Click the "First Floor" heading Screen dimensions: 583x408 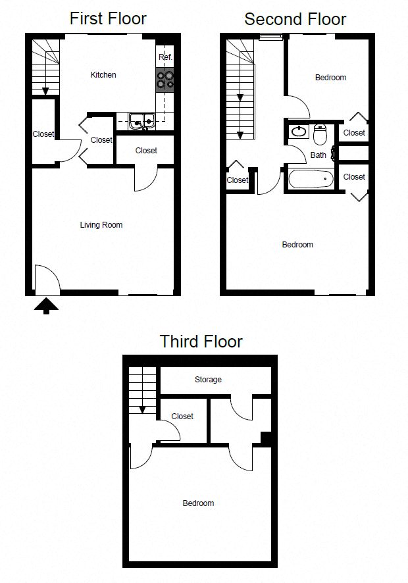(x=108, y=18)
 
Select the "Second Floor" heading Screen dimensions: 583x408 (x=295, y=18)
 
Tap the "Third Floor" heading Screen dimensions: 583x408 (x=201, y=342)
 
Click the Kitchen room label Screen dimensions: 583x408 (x=103, y=75)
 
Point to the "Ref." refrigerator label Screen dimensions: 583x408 (x=165, y=58)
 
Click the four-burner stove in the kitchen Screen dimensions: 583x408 (x=165, y=79)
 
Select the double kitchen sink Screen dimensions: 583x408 (x=141, y=120)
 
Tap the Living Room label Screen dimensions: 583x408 (x=101, y=225)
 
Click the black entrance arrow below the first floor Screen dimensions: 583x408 (x=46, y=305)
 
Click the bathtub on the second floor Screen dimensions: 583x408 (x=311, y=179)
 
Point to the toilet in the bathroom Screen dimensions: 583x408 (x=320, y=135)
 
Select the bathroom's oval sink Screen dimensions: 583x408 (x=298, y=132)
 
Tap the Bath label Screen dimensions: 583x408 (x=319, y=155)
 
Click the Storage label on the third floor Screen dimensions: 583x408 (x=208, y=380)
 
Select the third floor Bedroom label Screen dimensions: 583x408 (x=198, y=503)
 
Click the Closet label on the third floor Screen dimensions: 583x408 (x=182, y=417)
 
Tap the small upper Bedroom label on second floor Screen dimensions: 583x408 (x=330, y=78)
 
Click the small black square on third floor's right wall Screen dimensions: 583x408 (x=266, y=438)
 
